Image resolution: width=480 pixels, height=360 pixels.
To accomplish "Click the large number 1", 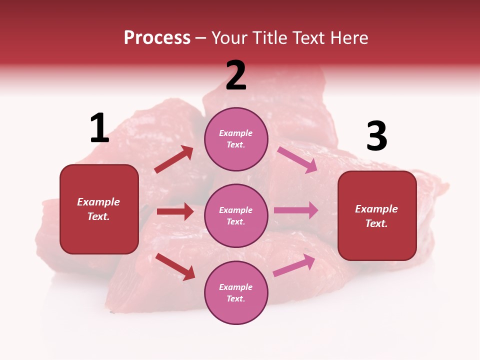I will (x=99, y=128).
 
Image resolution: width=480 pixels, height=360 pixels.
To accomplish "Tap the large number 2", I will (x=236, y=75).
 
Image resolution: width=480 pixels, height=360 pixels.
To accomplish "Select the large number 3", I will (x=377, y=136).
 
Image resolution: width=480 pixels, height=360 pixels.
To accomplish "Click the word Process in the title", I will (x=157, y=37).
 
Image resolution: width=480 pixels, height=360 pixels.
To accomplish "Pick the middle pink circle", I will (x=236, y=215).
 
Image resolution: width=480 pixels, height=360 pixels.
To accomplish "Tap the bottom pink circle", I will (x=236, y=292).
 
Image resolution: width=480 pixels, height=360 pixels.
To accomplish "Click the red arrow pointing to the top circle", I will (x=174, y=159).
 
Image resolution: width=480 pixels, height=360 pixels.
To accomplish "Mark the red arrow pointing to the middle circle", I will (x=175, y=211).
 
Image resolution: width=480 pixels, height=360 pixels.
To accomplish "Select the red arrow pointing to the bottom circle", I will (x=175, y=266).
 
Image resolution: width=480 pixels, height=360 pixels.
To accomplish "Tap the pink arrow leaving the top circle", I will (x=297, y=160).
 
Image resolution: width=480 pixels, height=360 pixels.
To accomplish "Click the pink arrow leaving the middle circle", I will (x=296, y=210).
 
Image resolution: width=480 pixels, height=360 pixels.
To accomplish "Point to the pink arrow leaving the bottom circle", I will (x=294, y=265).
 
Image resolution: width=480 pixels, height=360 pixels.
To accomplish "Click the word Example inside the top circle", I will (x=236, y=133).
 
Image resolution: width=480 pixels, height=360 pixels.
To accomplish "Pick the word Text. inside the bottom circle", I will (x=236, y=298).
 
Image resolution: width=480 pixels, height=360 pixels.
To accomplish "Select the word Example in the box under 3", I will (x=376, y=209).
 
